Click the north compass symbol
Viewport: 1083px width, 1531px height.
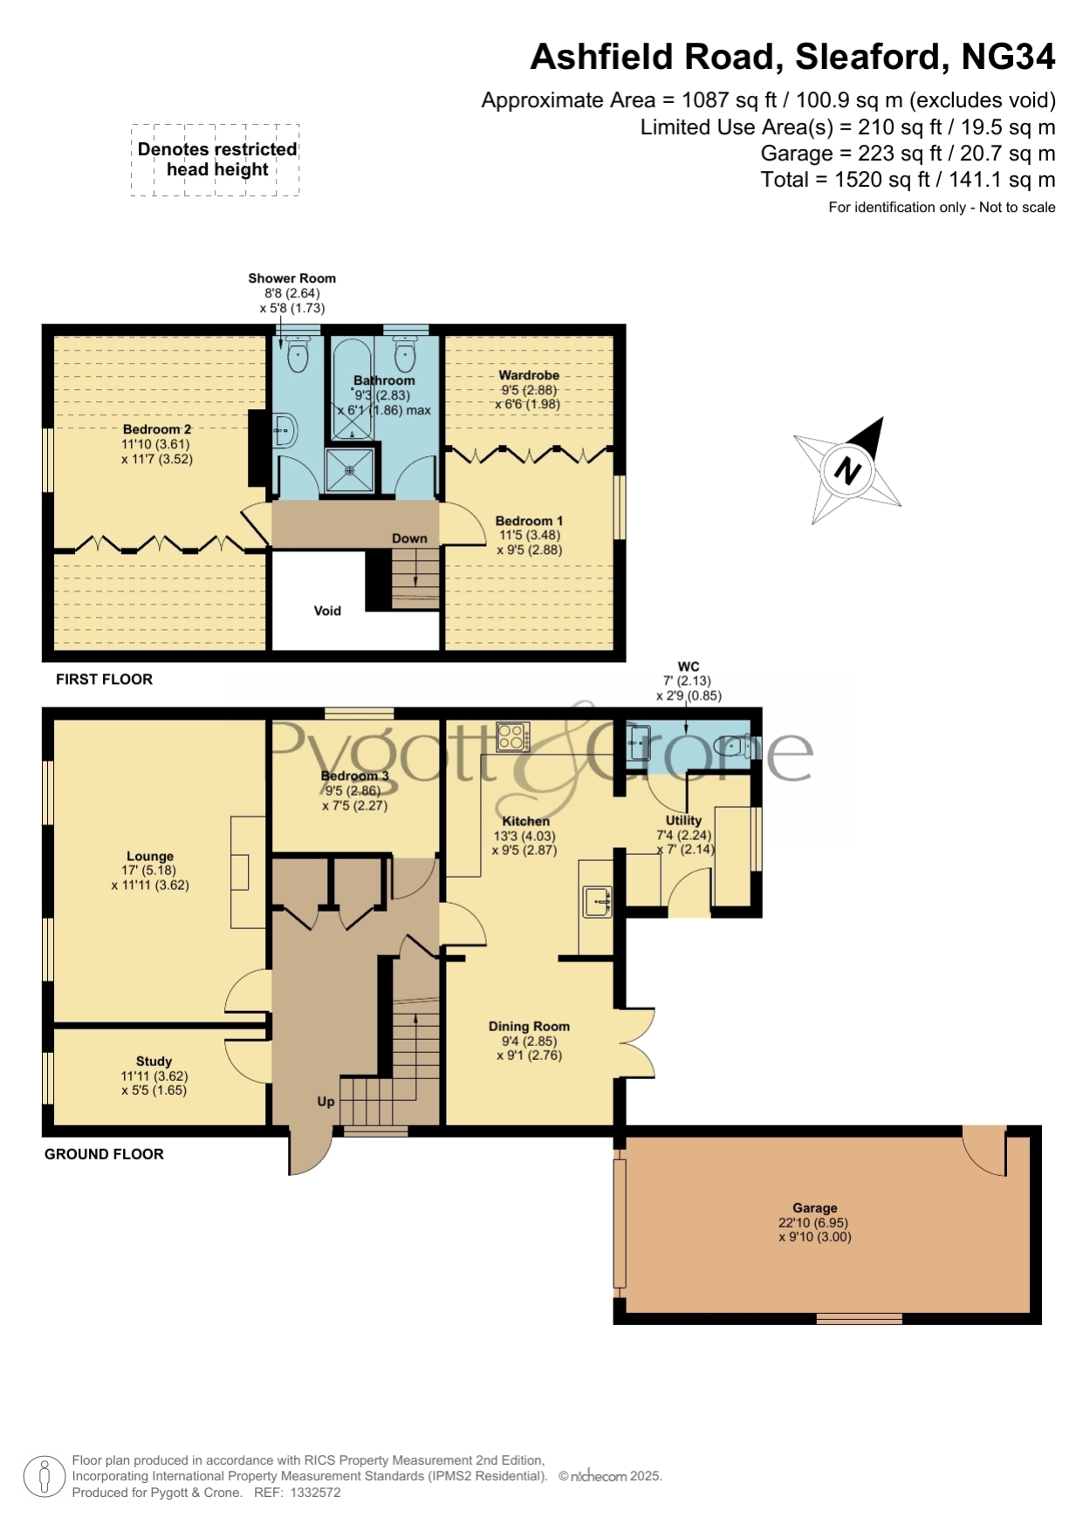(847, 470)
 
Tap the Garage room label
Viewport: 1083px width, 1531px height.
(814, 1208)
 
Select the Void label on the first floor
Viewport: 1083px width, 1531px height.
(327, 611)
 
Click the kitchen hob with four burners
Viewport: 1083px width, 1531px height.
(512, 737)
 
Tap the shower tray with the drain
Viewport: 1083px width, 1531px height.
(349, 470)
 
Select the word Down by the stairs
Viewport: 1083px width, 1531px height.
(409, 538)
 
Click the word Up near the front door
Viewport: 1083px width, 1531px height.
(326, 1102)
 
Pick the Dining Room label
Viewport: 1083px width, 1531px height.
(529, 1027)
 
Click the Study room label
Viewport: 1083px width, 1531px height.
(154, 1062)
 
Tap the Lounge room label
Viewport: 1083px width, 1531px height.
(150, 857)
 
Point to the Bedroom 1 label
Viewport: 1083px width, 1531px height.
(529, 521)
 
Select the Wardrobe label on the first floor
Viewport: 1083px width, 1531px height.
(529, 375)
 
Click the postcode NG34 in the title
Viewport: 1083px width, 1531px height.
(1008, 57)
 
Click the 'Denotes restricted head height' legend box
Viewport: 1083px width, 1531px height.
(216, 160)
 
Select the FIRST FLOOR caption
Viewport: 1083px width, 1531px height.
(104, 680)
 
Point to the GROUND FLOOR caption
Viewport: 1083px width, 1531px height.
(104, 1154)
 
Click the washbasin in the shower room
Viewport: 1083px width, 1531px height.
(285, 430)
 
